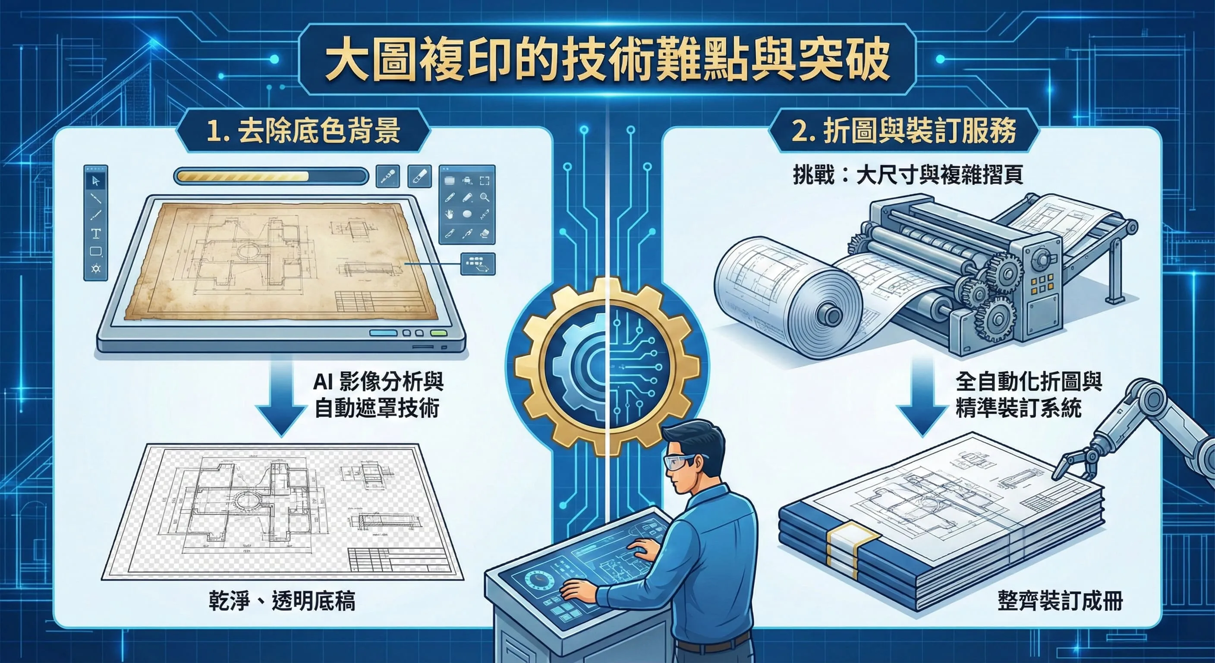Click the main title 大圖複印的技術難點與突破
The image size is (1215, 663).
[x=607, y=60]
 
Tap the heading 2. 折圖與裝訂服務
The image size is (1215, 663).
[x=903, y=131]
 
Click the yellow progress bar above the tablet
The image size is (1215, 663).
[x=245, y=177]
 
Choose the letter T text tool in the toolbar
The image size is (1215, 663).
[x=96, y=233]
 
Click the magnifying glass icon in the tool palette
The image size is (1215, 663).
[x=485, y=197]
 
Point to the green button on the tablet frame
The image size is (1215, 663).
[x=438, y=333]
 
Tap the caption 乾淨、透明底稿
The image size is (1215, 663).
[x=282, y=601]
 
